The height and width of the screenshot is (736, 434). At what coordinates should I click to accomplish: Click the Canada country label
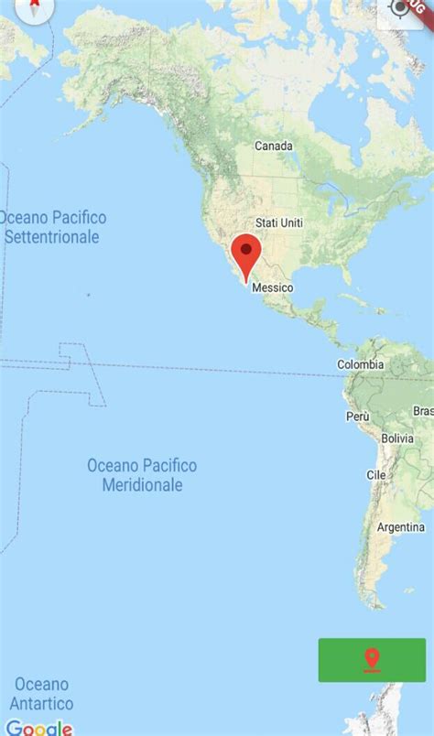(273, 146)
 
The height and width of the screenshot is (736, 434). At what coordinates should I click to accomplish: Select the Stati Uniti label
(278, 222)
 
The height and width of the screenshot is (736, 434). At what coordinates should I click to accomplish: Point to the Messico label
(272, 287)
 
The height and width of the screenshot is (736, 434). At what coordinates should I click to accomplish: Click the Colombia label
(361, 364)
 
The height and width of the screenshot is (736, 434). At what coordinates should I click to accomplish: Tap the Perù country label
(357, 416)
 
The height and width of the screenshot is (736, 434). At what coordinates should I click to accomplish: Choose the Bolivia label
(397, 438)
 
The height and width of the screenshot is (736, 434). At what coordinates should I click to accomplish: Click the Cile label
(376, 475)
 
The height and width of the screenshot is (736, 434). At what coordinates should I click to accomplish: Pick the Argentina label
(401, 527)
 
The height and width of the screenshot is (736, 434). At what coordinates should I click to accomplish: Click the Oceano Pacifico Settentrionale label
(52, 227)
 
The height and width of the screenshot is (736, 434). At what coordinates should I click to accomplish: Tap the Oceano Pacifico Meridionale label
(142, 475)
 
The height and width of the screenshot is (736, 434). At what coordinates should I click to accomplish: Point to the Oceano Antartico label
(41, 694)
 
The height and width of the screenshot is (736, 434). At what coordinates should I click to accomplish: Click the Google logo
(38, 728)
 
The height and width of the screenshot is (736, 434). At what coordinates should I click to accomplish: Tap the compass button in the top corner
(35, 7)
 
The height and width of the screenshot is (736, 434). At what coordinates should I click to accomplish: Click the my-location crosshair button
(401, 9)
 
